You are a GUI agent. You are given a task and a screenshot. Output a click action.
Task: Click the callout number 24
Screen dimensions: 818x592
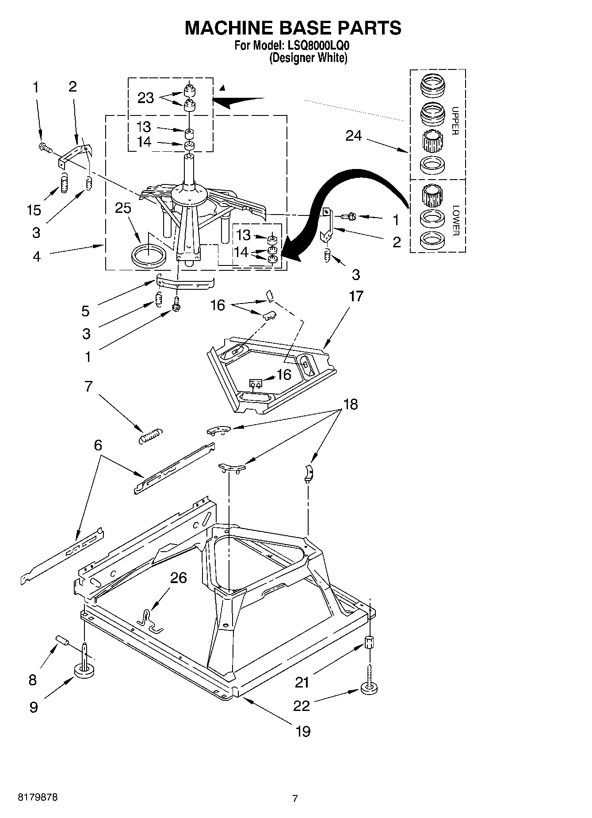coord(354,136)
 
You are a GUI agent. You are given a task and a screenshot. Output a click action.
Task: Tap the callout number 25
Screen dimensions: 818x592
coord(123,207)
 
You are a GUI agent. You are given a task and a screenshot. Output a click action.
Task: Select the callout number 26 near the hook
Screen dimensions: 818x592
coord(178,578)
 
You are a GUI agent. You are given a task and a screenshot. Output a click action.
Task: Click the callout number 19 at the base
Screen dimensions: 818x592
coord(303,731)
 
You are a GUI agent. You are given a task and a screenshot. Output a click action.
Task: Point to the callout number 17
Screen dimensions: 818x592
coord(356,296)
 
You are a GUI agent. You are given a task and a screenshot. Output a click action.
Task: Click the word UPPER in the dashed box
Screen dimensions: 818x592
coord(455,120)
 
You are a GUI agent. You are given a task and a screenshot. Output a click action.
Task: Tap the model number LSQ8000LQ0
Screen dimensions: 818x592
coord(316,45)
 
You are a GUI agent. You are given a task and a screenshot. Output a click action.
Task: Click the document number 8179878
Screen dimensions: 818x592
coord(38,797)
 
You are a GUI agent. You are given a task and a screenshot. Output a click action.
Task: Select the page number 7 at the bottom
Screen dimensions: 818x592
coord(295,799)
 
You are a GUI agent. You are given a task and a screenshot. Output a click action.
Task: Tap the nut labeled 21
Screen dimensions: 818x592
coord(370,642)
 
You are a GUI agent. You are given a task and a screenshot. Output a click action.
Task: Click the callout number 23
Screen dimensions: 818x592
coord(146,98)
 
